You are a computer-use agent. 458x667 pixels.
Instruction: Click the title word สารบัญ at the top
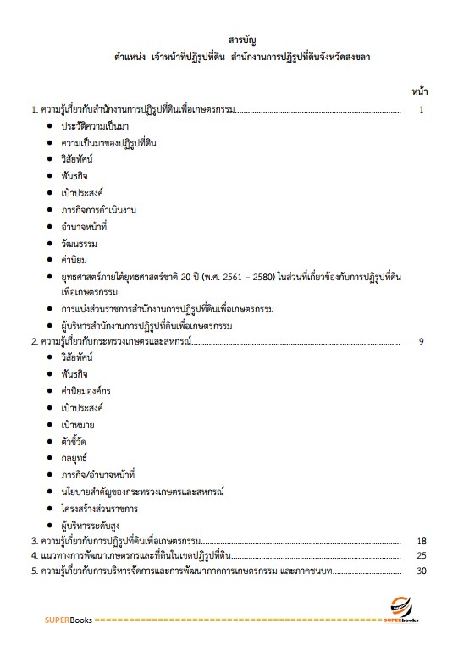(242, 40)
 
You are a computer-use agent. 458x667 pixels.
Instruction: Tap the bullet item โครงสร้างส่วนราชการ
(99, 508)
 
